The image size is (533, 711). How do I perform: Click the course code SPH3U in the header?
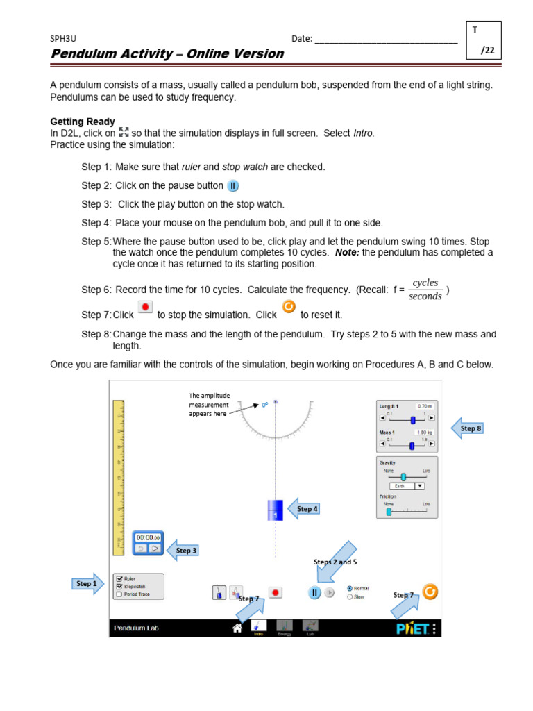[x=62, y=39]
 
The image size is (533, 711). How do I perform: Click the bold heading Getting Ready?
[x=83, y=122]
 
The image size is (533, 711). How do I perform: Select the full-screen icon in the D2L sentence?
[x=124, y=132]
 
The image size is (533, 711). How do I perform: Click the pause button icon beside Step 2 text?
[x=233, y=186]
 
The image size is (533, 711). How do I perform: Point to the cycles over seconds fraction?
[x=425, y=290]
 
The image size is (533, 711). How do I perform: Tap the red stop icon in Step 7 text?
[x=145, y=308]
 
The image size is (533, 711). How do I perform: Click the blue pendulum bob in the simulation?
[x=276, y=510]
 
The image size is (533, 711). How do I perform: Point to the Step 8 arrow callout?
[x=468, y=428]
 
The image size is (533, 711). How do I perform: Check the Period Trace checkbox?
[x=120, y=594]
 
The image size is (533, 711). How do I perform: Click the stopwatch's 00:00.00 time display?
[x=148, y=537]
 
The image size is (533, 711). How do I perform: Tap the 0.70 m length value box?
[x=423, y=406]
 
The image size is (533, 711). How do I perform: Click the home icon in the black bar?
[x=237, y=628]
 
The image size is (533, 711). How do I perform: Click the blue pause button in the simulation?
[x=314, y=592]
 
